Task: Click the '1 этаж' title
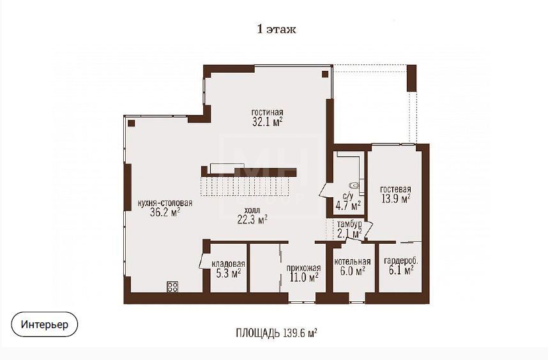pos(277,29)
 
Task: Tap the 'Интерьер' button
pos(44,324)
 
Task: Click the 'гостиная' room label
pos(268,112)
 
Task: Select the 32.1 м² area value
pos(268,122)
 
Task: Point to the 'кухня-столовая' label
pos(165,203)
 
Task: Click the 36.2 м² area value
pos(165,213)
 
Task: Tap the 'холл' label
pos(252,211)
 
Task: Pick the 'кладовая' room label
pos(228,264)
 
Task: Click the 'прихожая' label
pos(304,269)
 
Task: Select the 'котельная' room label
pos(353,262)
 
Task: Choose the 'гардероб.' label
pos(401,261)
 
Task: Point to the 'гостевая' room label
pos(395,190)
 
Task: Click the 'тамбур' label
pos(349,224)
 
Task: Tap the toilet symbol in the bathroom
pos(354,185)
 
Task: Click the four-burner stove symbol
pos(172,287)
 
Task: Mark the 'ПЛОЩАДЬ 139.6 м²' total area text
pos(277,333)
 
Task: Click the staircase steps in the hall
pos(248,187)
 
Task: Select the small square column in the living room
pos(325,74)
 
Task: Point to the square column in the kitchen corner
pos(132,123)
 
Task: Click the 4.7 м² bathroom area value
pos(348,206)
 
